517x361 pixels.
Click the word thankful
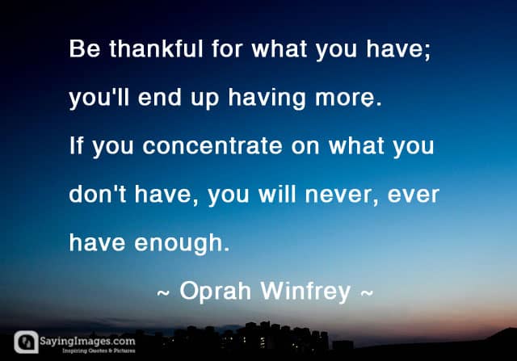tap(156, 48)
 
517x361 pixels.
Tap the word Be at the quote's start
tap(84, 48)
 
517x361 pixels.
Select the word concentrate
tap(212, 145)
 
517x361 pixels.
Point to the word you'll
tap(99, 98)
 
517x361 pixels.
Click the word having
tap(267, 98)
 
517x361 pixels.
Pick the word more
tap(348, 98)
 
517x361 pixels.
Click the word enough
tap(181, 243)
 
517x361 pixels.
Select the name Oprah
tap(215, 291)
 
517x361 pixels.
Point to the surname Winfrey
tap(305, 291)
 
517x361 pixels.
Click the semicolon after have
tap(427, 52)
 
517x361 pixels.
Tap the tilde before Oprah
tap(163, 292)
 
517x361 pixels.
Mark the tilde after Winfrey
tap(367, 292)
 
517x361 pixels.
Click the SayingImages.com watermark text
tap(87, 341)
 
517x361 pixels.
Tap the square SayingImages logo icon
tap(26, 342)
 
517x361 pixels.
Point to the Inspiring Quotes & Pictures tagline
tap(99, 351)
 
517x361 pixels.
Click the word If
tap(76, 145)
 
